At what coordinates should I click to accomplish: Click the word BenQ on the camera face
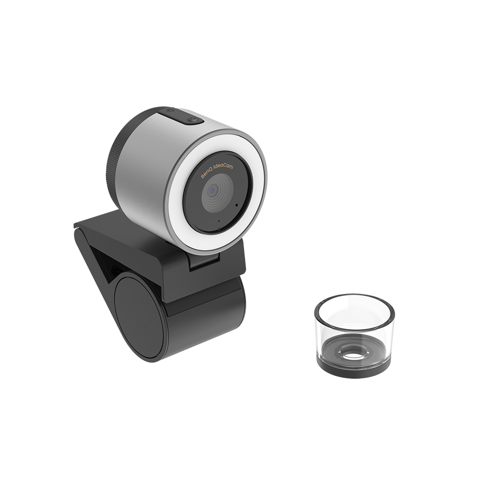coord(207,174)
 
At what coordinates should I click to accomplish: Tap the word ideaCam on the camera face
coord(224,168)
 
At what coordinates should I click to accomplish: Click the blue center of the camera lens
coord(212,189)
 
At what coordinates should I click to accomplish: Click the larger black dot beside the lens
coord(237,205)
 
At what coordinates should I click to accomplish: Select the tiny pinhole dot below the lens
coord(219,221)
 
